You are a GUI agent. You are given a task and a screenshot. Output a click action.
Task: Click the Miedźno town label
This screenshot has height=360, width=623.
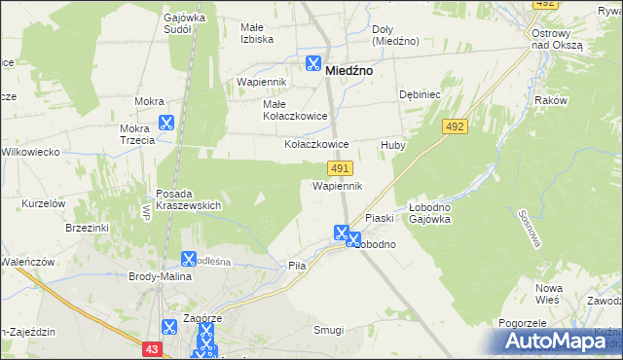pyautogui.click(x=352, y=70)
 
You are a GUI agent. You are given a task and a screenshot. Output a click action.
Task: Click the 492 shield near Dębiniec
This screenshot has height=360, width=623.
pyautogui.click(x=455, y=126)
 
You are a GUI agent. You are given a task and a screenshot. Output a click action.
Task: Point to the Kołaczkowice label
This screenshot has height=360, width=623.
pyautogui.click(x=316, y=144)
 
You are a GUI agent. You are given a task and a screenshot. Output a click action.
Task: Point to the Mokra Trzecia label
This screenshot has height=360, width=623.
pyautogui.click(x=137, y=134)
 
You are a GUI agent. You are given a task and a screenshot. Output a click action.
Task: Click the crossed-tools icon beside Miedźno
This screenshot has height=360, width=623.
pyautogui.click(x=313, y=64)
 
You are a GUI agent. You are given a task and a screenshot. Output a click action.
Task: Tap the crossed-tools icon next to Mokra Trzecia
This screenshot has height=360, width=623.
pyautogui.click(x=165, y=124)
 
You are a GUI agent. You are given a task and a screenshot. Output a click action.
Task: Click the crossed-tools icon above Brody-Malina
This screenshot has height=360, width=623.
pyautogui.click(x=189, y=259)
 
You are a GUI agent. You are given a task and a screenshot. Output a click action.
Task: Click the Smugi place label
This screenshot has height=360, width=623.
pyautogui.click(x=328, y=330)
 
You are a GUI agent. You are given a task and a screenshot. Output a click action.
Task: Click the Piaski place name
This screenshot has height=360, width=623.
pyautogui.click(x=378, y=218)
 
